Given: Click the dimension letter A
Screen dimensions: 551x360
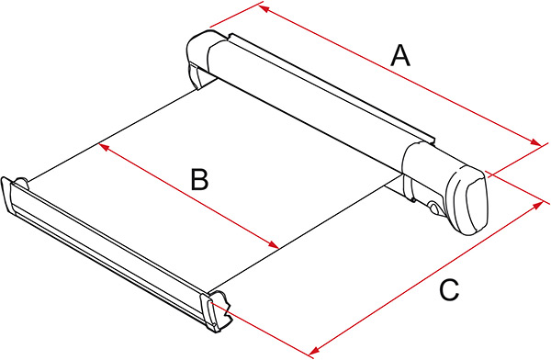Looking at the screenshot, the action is click(x=400, y=55).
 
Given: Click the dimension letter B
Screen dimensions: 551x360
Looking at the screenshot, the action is click(x=199, y=180).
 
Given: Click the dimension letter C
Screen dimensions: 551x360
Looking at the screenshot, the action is click(x=449, y=290).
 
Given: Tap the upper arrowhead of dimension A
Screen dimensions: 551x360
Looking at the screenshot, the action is click(x=264, y=8).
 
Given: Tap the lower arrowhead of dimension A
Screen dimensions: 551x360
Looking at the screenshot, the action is click(x=536, y=142).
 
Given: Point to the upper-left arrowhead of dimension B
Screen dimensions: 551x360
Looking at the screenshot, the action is click(x=103, y=147).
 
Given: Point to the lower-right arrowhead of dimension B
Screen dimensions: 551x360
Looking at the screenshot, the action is click(x=274, y=244).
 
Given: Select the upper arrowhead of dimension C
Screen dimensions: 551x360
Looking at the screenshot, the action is click(x=537, y=205).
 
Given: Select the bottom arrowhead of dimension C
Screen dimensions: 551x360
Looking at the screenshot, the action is click(x=314, y=350).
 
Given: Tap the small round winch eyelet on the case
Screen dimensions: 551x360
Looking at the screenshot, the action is click(x=434, y=208).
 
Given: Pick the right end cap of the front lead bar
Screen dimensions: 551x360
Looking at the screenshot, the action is click(x=216, y=311).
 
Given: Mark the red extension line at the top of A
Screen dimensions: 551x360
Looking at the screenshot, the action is click(x=237, y=14).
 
